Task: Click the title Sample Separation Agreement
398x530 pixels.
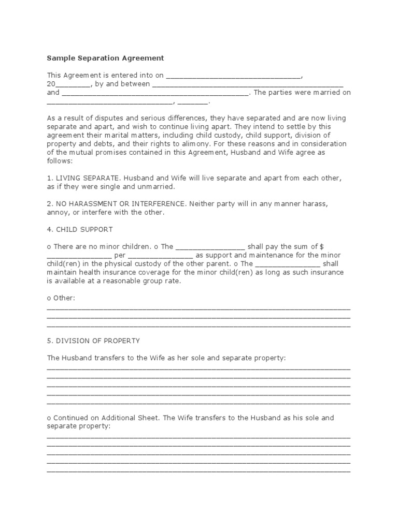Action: point(105,58)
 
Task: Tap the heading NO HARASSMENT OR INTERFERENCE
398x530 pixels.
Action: point(120,204)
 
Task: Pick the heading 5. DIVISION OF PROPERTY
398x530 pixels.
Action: point(93,341)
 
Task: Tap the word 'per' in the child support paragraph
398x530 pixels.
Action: point(119,255)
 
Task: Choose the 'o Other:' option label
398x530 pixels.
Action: point(61,298)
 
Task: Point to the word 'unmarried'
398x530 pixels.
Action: point(159,186)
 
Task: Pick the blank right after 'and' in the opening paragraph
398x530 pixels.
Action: point(155,93)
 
